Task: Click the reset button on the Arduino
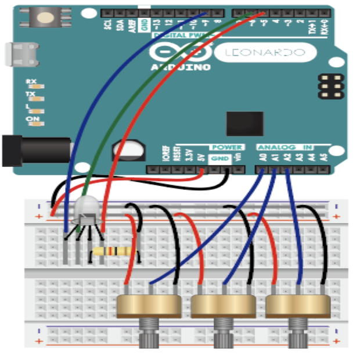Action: [x=45, y=17]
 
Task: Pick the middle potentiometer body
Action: [x=223, y=305]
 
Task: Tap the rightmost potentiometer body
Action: [x=297, y=305]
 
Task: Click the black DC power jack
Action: [x=35, y=150]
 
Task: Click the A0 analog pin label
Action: [x=262, y=156]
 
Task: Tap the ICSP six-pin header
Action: [x=330, y=86]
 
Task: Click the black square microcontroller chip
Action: [x=244, y=124]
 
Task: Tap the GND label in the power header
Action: [x=219, y=158]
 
